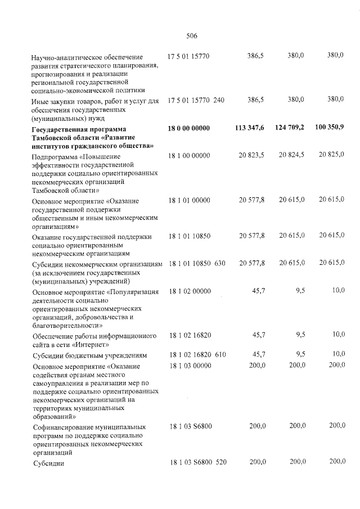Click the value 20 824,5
pos(292,155)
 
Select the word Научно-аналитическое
pos(54,57)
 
